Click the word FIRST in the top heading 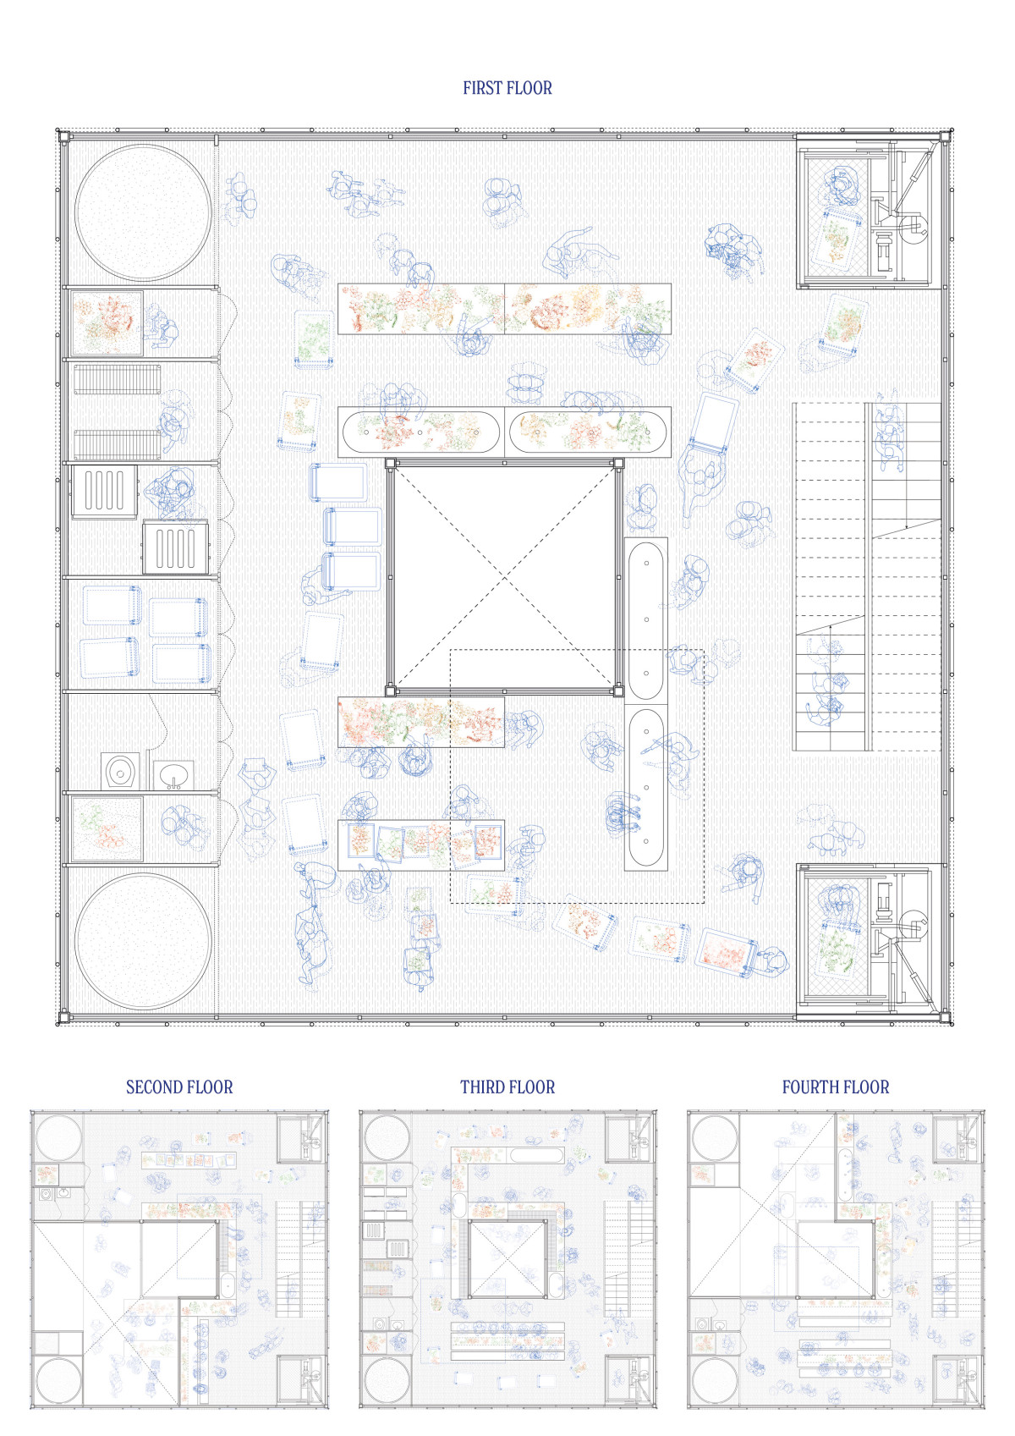[x=483, y=88]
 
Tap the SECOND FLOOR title [x=179, y=1087]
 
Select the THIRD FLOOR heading [x=507, y=1087]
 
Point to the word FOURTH [x=810, y=1087]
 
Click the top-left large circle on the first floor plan [x=143, y=213]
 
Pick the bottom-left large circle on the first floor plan [x=143, y=941]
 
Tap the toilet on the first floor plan [x=120, y=771]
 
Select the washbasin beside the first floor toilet [x=173, y=776]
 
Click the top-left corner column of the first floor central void [x=390, y=463]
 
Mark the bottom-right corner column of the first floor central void [x=618, y=691]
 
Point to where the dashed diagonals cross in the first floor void [x=504, y=578]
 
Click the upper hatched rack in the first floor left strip [x=118, y=379]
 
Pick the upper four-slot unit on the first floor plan [x=104, y=491]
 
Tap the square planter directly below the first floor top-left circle [x=107, y=323]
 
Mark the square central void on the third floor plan [x=507, y=1258]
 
